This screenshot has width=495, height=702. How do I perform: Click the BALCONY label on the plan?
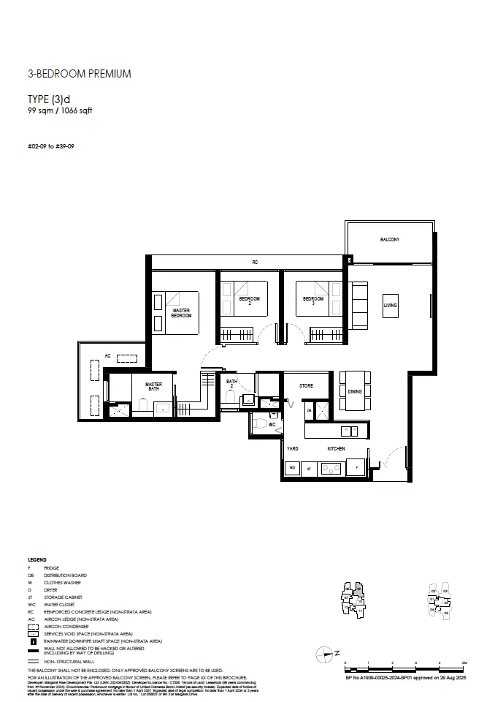389,240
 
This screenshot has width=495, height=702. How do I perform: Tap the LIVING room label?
390,305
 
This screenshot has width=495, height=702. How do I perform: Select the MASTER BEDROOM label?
181,313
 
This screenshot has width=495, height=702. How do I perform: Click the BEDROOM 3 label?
313,301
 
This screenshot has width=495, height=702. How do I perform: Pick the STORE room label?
306,385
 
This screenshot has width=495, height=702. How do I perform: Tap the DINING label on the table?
354,392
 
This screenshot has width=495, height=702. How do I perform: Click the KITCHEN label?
336,448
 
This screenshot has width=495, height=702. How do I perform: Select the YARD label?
292,448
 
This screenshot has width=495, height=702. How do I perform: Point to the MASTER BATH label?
153,387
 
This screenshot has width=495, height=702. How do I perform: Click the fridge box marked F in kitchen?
357,467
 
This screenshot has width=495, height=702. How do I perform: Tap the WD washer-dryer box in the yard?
292,467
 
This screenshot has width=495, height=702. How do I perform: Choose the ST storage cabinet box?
309,467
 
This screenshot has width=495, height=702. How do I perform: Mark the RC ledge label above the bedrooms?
255,262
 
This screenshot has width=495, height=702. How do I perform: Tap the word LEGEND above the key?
37,559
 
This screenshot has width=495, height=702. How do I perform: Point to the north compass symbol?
326,653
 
